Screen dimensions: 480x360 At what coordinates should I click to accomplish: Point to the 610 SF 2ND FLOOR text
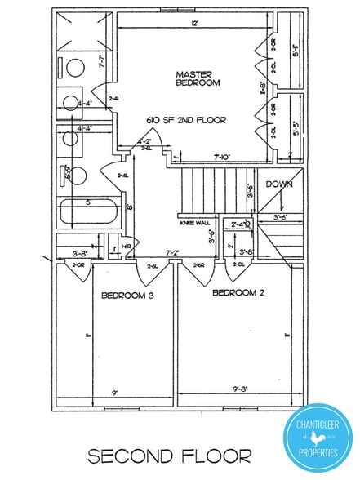point(186,119)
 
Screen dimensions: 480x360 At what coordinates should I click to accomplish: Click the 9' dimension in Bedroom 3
point(116,393)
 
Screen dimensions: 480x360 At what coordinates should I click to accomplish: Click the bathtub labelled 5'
point(88,212)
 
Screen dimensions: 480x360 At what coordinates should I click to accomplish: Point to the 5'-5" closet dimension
point(297,127)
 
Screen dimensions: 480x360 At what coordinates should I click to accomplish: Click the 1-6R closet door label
point(127,246)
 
